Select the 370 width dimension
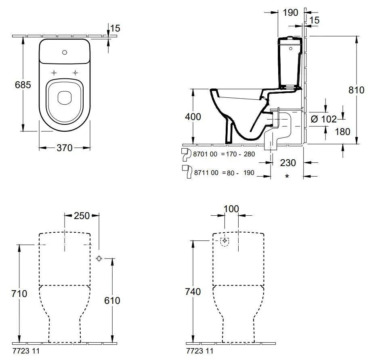point(64,148)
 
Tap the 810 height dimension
point(356,90)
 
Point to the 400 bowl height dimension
point(193,117)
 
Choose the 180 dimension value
point(342,131)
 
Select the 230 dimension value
point(287,163)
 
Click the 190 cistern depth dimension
point(290,13)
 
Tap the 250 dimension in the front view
point(82,215)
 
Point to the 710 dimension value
point(19,294)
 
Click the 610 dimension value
point(112,300)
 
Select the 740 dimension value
point(193,292)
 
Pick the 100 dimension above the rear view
point(231,209)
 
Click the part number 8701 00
point(206,154)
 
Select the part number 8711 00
point(206,173)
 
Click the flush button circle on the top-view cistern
point(64,52)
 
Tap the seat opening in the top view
point(64,97)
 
